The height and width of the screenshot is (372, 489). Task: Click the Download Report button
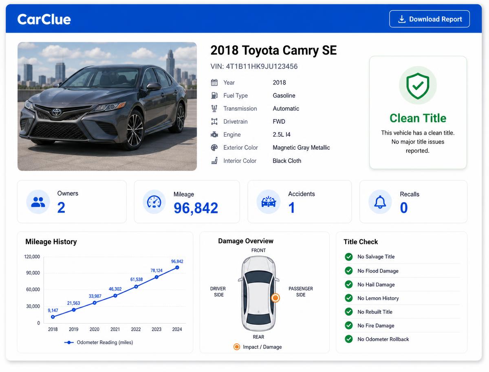click(x=429, y=19)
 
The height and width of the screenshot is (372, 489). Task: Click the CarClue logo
click(x=44, y=20)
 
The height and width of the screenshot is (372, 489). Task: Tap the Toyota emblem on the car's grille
click(x=56, y=112)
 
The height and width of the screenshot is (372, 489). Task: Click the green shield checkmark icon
click(x=418, y=86)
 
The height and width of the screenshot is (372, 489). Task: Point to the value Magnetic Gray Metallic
click(x=301, y=148)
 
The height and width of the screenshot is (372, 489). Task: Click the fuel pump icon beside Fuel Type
click(x=214, y=95)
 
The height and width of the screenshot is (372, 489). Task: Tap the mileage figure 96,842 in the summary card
click(x=196, y=208)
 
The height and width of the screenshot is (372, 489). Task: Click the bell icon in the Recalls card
click(x=380, y=202)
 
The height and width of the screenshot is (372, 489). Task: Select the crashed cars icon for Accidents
click(x=269, y=202)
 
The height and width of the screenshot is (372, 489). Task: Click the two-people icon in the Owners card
click(x=38, y=202)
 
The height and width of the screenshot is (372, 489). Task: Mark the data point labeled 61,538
click(x=136, y=287)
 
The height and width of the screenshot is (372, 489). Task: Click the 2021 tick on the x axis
click(x=115, y=329)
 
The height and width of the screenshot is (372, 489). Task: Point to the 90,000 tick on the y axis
click(x=33, y=273)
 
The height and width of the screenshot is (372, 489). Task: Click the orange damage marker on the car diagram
click(x=275, y=298)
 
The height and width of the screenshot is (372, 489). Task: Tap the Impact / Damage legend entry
click(x=258, y=347)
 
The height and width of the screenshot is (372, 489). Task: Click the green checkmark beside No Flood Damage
click(x=349, y=270)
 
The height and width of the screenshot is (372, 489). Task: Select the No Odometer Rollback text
click(x=383, y=339)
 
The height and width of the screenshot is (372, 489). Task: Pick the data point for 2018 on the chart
click(x=53, y=317)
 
